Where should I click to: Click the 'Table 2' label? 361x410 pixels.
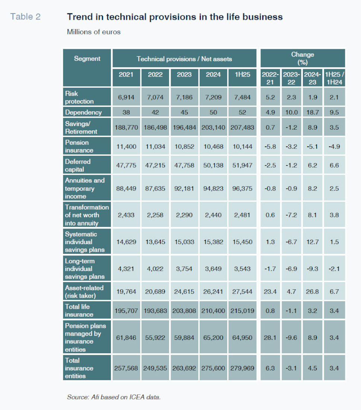coord(25,17)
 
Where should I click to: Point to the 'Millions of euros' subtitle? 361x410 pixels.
coord(94,32)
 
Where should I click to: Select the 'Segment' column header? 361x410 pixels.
coord(87,59)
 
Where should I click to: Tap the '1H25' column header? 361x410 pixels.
coord(243,75)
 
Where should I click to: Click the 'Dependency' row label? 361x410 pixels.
coord(83,112)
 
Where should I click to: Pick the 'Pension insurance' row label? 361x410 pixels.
coord(77,146)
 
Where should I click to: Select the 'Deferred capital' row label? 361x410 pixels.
coord(78,165)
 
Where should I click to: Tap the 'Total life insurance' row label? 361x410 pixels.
coord(77,310)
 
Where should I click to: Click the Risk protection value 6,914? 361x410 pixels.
coord(126,97)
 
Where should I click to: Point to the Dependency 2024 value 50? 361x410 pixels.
coord(213,112)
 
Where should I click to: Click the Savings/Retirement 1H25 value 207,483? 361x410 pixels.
coord(242,127)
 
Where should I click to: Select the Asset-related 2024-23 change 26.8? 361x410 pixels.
coord(313,292)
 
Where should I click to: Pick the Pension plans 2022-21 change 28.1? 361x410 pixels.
coord(270,338)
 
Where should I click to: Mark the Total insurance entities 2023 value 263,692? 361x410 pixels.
coord(184,368)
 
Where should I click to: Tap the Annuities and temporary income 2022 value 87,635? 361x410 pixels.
coord(155,189)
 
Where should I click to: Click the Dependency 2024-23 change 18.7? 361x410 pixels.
coord(313,112)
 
